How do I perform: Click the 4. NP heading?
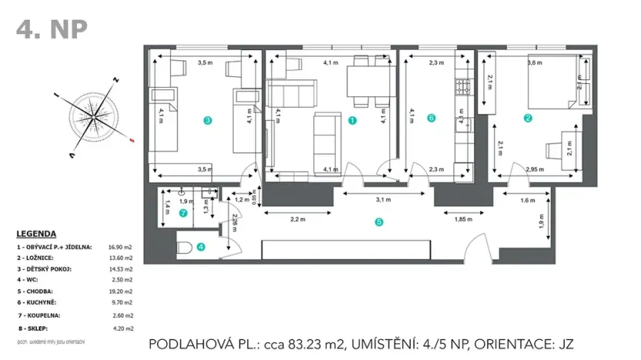point(52,29)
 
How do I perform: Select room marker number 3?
point(206,119)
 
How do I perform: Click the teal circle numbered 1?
point(352,119)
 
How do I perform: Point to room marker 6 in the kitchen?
point(431,118)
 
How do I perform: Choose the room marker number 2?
point(528,118)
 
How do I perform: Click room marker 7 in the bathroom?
point(183,213)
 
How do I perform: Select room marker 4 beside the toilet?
point(201,247)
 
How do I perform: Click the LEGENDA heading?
point(35,233)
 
